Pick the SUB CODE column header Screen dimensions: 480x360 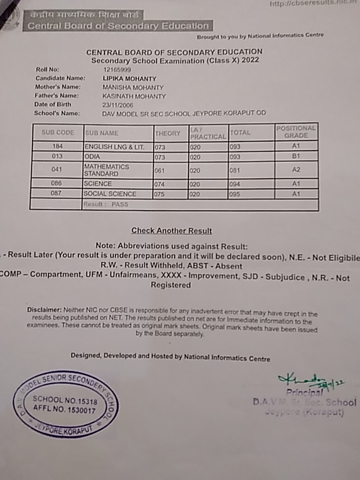coord(58,133)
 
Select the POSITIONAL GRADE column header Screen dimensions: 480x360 coord(296,132)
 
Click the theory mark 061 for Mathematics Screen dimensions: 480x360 coord(160,170)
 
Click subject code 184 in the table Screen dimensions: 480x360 coord(57,146)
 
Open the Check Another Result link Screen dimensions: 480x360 coord(171,230)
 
